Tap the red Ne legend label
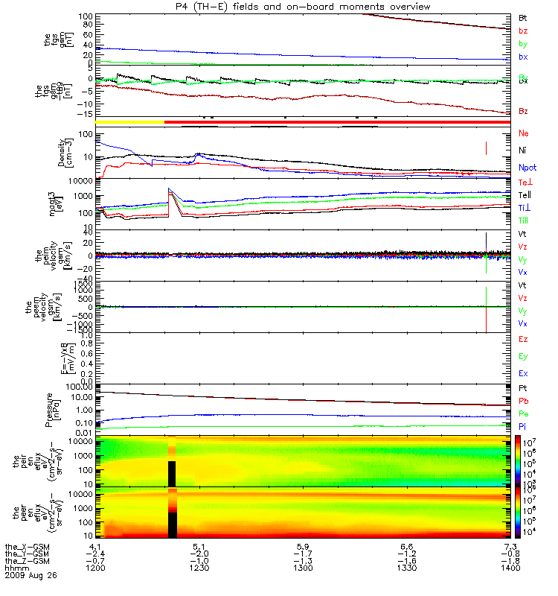523,133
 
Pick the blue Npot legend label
527,168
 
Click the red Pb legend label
523,402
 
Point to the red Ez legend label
523,339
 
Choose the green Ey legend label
523,356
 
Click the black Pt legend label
522,389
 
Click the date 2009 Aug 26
31,576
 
